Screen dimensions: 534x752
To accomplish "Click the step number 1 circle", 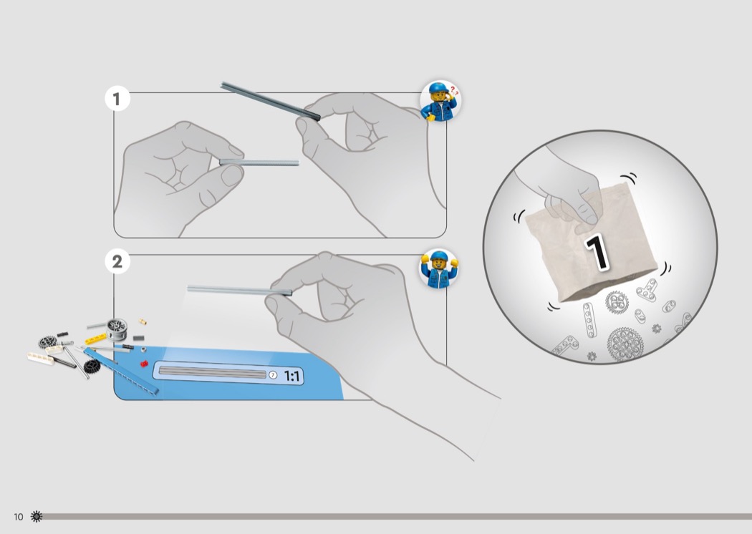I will click(117, 99).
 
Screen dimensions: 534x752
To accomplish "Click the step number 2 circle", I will click(117, 261).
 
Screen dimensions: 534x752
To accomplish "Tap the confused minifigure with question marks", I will click(440, 100).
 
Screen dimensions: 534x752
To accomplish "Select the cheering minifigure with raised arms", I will click(438, 269).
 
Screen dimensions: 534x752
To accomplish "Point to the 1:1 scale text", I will click(292, 376).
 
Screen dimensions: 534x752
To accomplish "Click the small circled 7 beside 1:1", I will click(272, 375).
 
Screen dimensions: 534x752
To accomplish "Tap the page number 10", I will click(18, 517).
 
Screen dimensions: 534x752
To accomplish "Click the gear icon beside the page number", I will click(37, 516).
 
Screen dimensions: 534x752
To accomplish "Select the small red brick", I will click(143, 364).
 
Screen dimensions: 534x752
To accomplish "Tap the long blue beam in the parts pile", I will click(120, 372).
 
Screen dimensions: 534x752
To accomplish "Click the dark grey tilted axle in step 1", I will click(269, 100).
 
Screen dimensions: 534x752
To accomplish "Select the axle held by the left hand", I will click(259, 162).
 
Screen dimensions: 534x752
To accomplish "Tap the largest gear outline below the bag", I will click(627, 344).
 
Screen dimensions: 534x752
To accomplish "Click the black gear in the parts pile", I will click(92, 366).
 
